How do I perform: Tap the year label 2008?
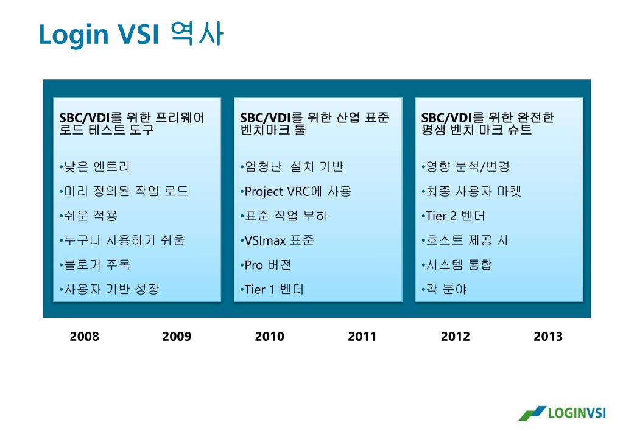(x=84, y=337)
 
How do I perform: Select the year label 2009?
(x=177, y=337)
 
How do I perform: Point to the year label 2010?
(x=270, y=337)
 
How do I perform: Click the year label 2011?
(x=362, y=337)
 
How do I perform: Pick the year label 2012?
(x=456, y=337)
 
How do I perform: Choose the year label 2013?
(x=548, y=337)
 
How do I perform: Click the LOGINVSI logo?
(x=562, y=413)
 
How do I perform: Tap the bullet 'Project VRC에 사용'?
(x=295, y=192)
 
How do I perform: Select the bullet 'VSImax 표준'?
(x=277, y=240)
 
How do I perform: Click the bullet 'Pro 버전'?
(x=266, y=265)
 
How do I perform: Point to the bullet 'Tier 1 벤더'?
(x=272, y=289)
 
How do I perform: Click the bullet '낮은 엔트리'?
(x=94, y=166)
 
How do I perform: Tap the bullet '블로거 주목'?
(x=94, y=265)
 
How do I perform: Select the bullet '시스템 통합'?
(x=457, y=265)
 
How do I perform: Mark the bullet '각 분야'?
(x=444, y=289)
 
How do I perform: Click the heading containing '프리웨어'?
(x=132, y=124)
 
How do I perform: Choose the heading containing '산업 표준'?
(x=314, y=124)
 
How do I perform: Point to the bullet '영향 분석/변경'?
(x=465, y=166)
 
